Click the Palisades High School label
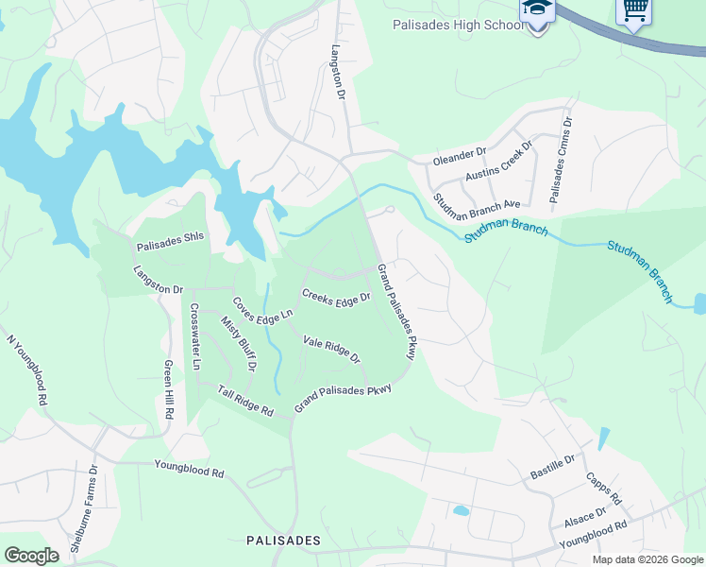coord(459,26)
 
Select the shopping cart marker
coord(633,11)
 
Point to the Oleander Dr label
coord(459,151)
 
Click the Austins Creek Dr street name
coord(499,162)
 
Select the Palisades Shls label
coord(170,247)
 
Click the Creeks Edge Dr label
coord(336,295)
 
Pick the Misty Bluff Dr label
coord(239,342)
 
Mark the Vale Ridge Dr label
coord(331,349)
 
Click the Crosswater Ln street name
coord(195,336)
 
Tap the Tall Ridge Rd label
coord(245,401)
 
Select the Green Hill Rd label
coord(168,388)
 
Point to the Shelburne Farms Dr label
coord(82,508)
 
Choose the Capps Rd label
coord(603,488)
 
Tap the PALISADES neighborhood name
coord(283,541)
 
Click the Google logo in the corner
coord(31,555)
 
